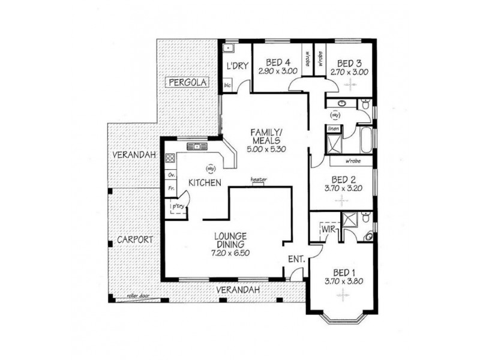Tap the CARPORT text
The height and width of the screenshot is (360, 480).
[x=134, y=239]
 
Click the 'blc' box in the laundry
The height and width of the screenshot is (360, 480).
[x=227, y=85]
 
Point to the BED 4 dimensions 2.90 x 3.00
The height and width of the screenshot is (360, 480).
[x=278, y=71]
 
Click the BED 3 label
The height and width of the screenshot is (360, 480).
[x=348, y=63]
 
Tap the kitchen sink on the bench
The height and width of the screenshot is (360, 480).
[x=196, y=146]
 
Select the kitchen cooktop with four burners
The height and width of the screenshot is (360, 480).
[x=170, y=159]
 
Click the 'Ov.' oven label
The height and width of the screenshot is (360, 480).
[x=171, y=175]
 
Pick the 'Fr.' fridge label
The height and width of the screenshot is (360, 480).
[x=171, y=188]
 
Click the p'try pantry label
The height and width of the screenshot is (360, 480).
[x=178, y=207]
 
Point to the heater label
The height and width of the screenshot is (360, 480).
[x=259, y=179]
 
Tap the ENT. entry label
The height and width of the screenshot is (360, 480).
[x=297, y=260]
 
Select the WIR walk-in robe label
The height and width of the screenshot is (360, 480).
[x=328, y=229]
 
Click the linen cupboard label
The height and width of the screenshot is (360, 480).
[x=334, y=129]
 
